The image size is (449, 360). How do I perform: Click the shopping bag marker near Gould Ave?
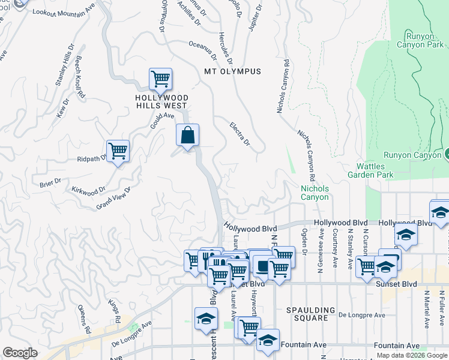(x=187, y=135)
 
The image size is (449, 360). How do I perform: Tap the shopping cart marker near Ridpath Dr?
(x=118, y=151)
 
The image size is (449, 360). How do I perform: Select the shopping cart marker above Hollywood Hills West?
(x=160, y=79)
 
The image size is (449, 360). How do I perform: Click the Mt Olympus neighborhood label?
(x=233, y=71)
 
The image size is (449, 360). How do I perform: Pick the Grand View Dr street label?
(x=113, y=198)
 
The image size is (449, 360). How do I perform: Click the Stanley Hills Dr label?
(x=64, y=65)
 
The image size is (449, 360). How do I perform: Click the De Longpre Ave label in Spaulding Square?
(x=361, y=314)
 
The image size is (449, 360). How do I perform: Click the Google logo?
(x=20, y=353)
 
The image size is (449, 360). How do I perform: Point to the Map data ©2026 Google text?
(x=412, y=355)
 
